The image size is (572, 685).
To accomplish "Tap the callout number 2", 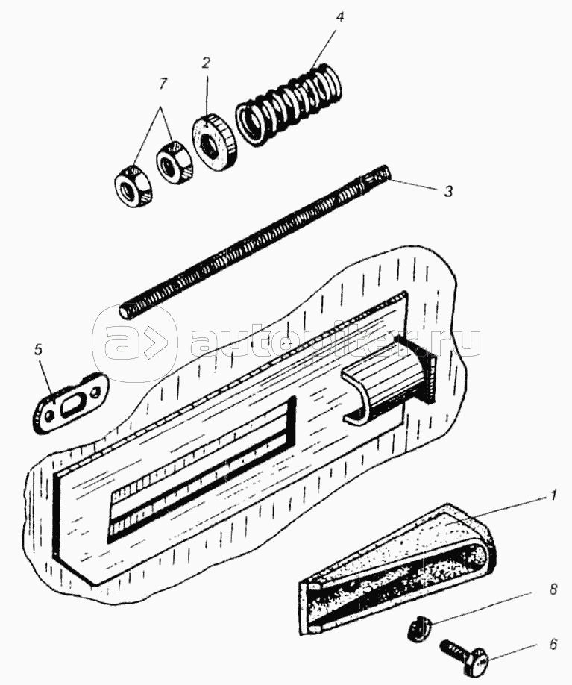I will (x=207, y=62).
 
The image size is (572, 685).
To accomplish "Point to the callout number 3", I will (x=447, y=192).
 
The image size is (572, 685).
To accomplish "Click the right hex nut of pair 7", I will (x=175, y=161).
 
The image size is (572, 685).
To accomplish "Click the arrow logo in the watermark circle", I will (x=135, y=344).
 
